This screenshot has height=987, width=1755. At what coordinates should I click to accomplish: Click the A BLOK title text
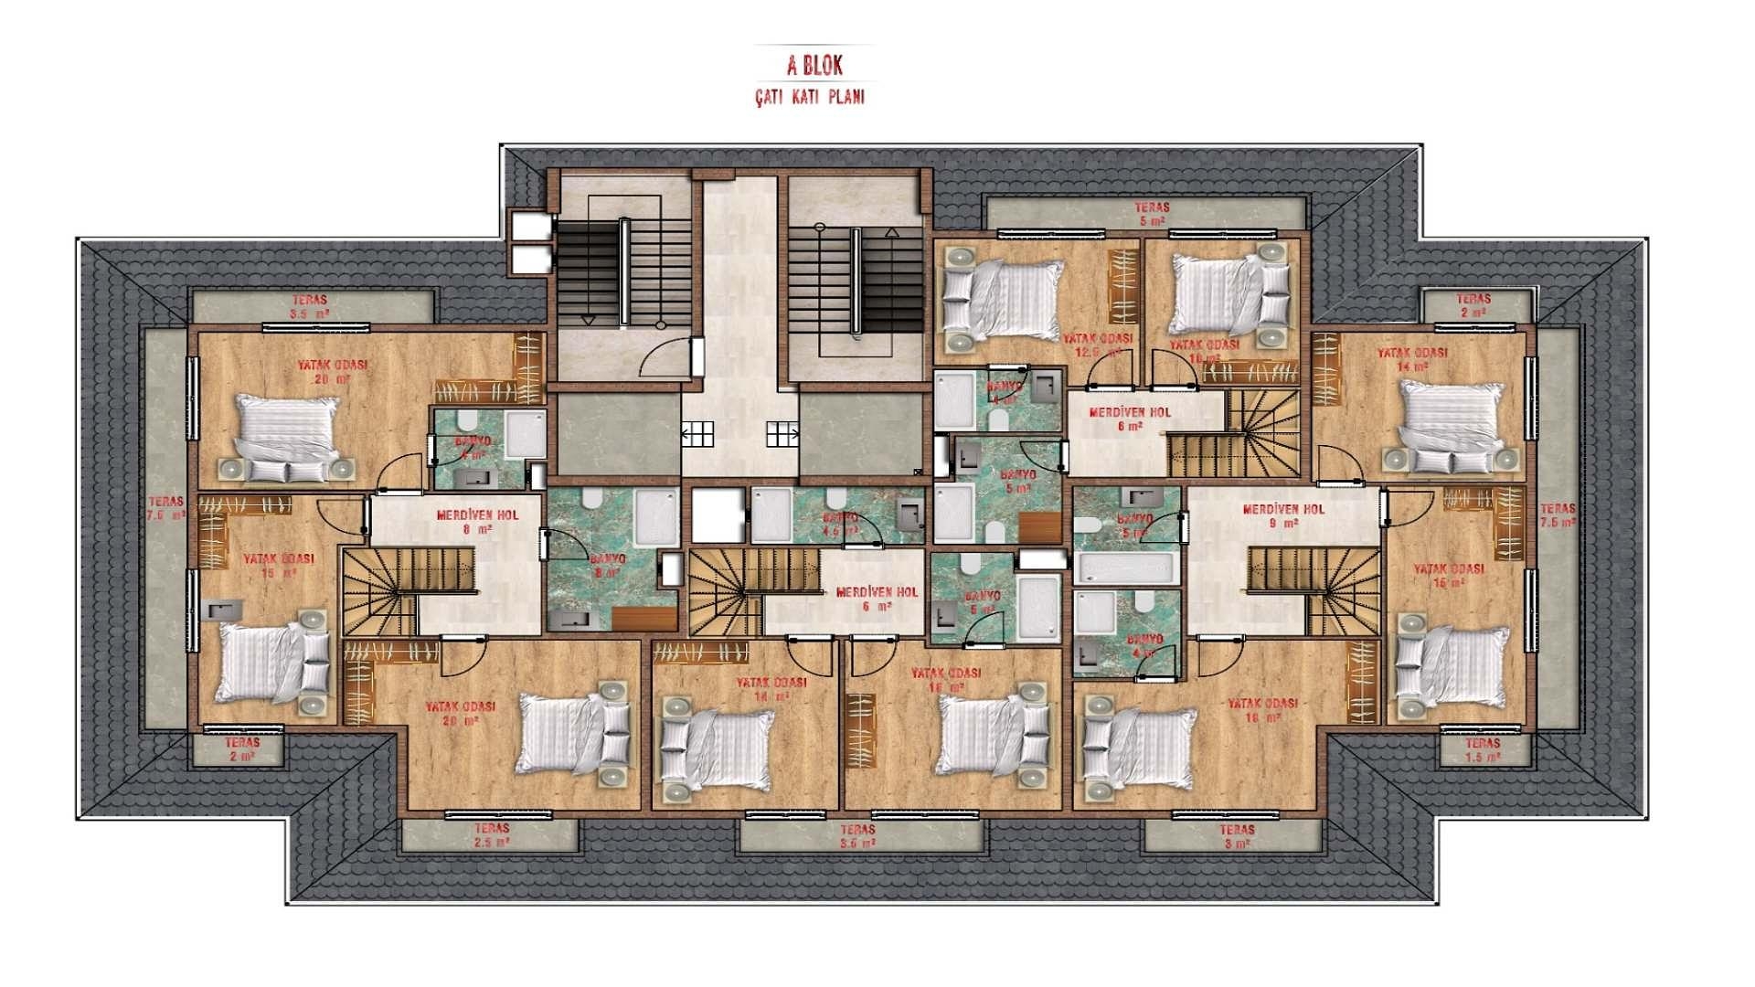[814, 66]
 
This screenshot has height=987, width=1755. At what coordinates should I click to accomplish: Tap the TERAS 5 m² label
[1152, 214]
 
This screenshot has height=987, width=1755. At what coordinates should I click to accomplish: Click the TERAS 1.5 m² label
[1482, 750]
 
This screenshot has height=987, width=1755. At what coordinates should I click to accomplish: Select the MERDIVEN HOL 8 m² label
[476, 522]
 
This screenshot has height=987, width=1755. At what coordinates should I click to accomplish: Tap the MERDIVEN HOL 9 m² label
[1283, 516]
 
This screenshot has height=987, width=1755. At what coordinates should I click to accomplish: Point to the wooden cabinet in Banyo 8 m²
[644, 619]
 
